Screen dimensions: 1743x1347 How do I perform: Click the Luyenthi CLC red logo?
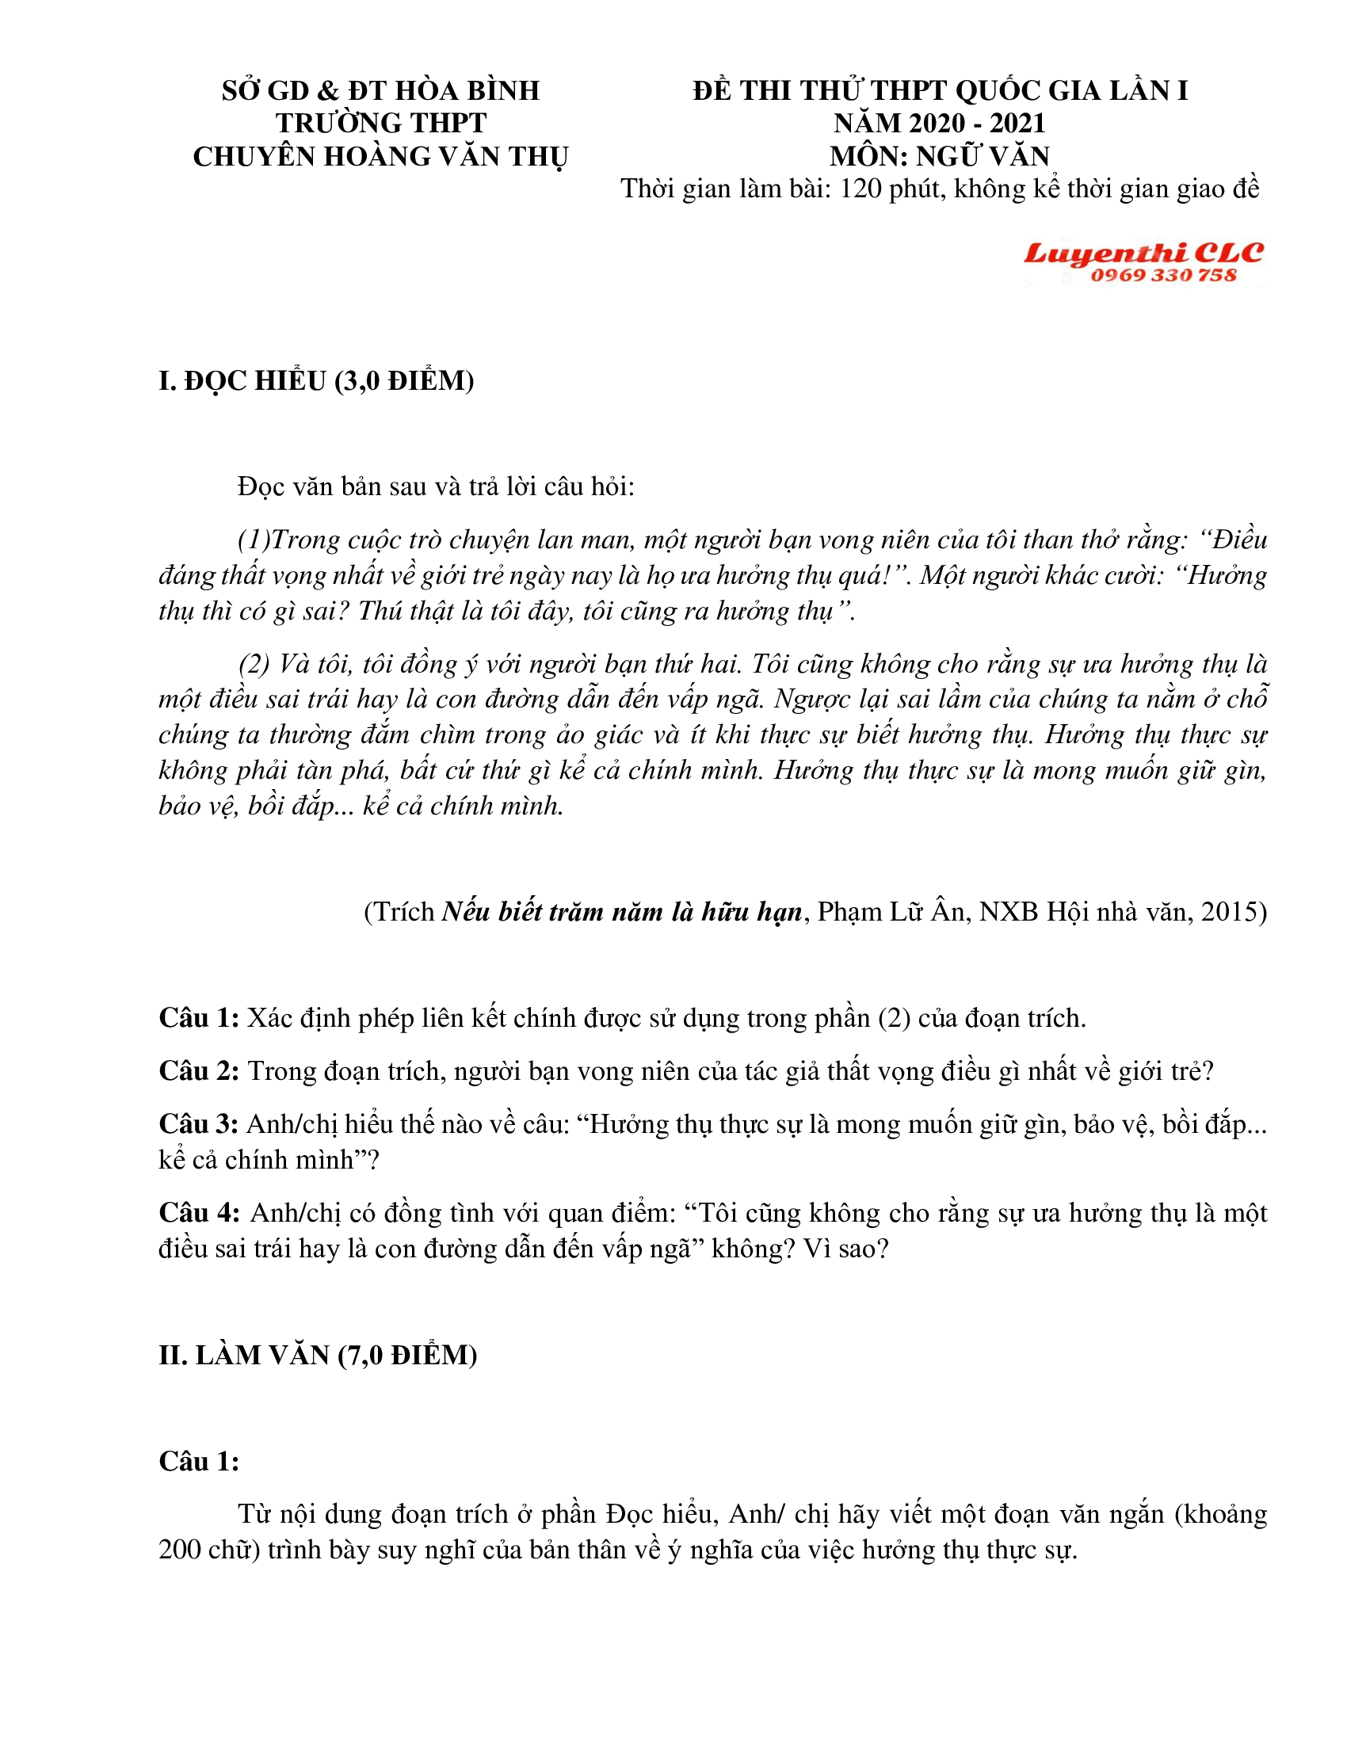click(1143, 253)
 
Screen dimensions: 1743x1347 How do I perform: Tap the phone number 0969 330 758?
click(1162, 276)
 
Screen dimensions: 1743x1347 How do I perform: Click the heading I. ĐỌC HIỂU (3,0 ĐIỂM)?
click(316, 380)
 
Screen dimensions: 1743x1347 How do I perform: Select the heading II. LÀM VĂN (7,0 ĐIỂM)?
click(318, 1354)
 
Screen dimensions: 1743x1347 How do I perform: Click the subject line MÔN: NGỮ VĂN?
click(939, 155)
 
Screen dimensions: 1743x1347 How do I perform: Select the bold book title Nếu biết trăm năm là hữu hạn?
click(622, 911)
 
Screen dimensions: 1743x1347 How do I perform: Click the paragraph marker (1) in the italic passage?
click(253, 540)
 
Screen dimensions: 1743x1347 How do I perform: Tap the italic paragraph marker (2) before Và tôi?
click(254, 664)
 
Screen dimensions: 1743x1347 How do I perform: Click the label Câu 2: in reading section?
click(199, 1070)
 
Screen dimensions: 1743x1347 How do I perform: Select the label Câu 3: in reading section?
click(199, 1123)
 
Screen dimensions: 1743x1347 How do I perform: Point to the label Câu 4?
click(199, 1212)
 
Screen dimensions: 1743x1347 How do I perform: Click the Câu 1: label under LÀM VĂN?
click(199, 1460)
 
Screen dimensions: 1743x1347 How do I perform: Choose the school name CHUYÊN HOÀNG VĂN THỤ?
click(380, 156)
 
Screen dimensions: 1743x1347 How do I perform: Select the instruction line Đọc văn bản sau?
click(435, 486)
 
